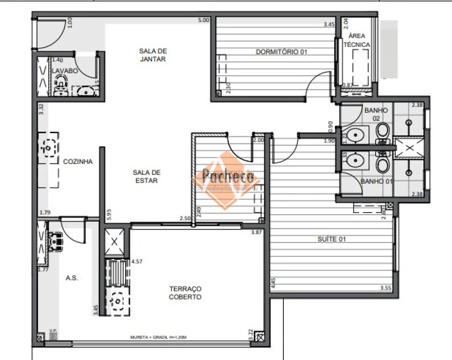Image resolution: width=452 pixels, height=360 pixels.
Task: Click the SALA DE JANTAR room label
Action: [x=153, y=55]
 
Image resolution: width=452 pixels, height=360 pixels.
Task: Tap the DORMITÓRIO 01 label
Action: [x=281, y=52]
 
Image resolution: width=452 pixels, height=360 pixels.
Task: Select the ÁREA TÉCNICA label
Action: [x=357, y=40]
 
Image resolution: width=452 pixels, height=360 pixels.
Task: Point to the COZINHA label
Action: [x=78, y=162]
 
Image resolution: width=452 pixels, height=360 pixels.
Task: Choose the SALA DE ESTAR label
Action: [x=146, y=176]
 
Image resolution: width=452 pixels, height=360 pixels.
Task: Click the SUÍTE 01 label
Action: [x=331, y=239]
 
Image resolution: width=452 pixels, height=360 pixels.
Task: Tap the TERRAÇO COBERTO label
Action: [x=185, y=293]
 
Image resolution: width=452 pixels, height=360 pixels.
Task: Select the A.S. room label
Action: [x=72, y=278]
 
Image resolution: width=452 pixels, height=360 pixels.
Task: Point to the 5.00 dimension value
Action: [x=203, y=20]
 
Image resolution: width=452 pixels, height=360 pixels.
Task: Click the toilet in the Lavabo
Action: [x=59, y=87]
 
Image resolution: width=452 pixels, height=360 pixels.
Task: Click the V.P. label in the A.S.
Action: [x=53, y=331]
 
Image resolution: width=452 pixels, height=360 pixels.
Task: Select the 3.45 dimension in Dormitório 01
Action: [x=329, y=24]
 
